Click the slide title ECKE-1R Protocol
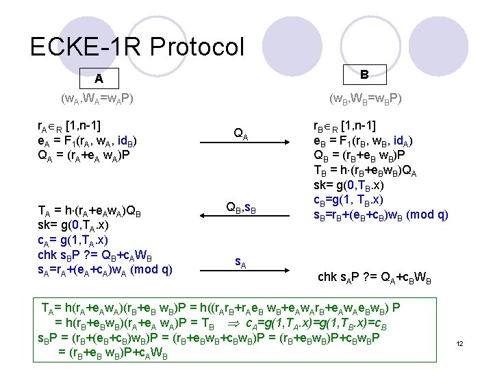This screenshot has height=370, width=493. [x=137, y=47]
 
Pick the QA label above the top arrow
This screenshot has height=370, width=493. [x=241, y=134]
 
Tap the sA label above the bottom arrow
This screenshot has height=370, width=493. [x=241, y=261]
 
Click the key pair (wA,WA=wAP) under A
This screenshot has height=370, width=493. [x=97, y=99]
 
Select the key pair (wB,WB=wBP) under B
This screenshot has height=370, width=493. [x=366, y=99]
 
